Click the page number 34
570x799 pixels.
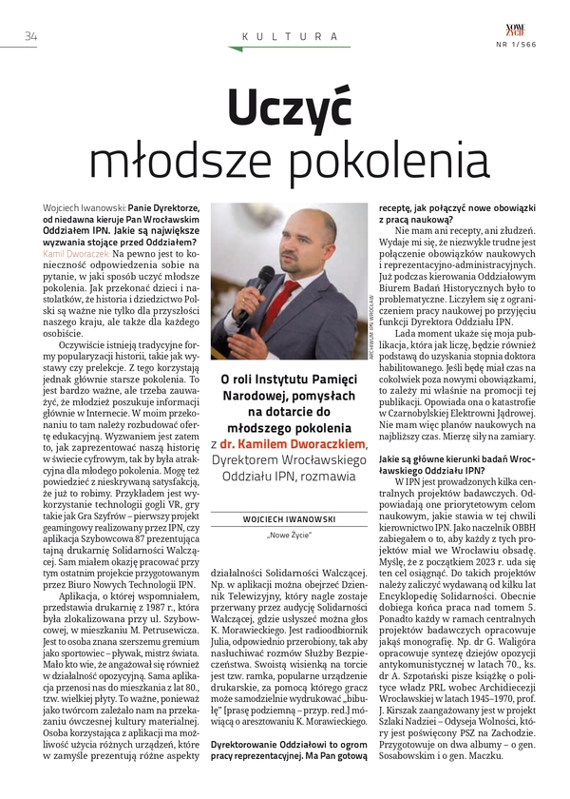click(x=29, y=36)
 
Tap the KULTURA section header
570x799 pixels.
click(x=288, y=36)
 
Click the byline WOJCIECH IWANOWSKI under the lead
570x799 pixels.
click(x=286, y=519)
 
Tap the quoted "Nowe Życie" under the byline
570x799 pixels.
click(x=286, y=536)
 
